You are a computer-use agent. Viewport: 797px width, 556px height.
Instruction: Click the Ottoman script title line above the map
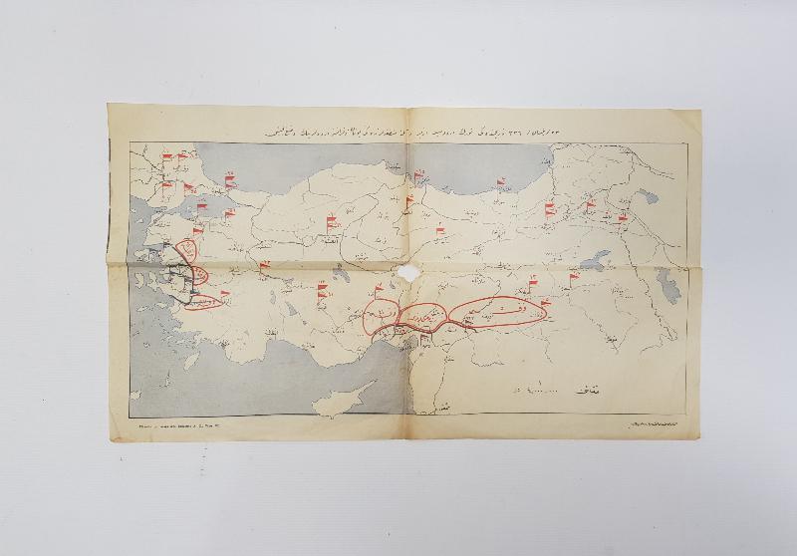(398, 131)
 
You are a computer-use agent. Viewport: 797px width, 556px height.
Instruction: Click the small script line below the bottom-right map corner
(648, 424)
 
